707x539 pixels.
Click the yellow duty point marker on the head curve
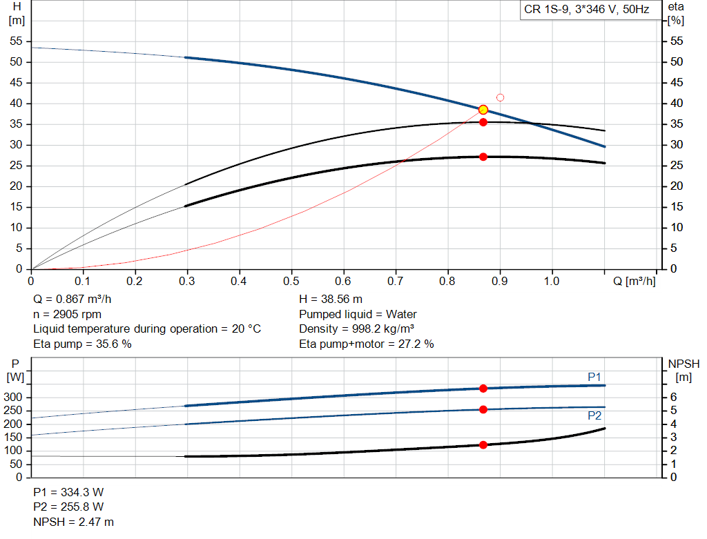(483, 110)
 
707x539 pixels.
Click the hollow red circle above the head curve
(500, 97)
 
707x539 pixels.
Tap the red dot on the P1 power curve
(483, 389)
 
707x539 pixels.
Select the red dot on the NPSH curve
(483, 445)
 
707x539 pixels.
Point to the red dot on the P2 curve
(483, 410)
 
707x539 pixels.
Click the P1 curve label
(594, 377)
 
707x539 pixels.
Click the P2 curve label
(594, 415)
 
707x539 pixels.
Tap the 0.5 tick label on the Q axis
(291, 281)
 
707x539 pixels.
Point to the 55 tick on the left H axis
(16, 41)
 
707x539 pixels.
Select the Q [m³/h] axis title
(635, 281)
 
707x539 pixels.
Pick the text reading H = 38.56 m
(331, 299)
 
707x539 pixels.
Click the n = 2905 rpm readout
(67, 314)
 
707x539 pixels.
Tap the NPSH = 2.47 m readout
(73, 522)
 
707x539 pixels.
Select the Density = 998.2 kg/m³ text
(357, 329)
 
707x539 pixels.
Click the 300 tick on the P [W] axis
(12, 398)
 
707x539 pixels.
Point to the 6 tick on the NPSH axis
(673, 397)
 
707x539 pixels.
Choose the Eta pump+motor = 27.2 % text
(366, 344)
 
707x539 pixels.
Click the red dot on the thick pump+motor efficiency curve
(483, 157)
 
